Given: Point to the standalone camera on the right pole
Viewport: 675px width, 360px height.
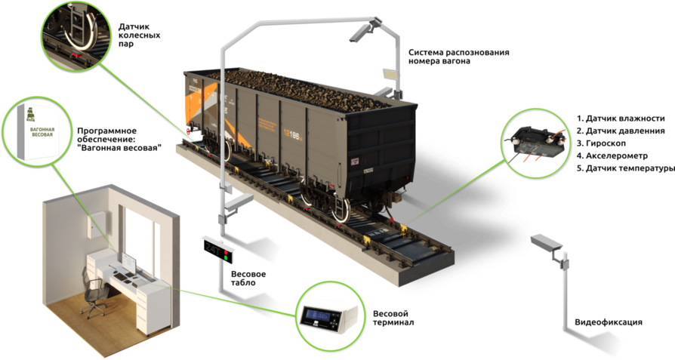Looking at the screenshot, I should (x=547, y=242).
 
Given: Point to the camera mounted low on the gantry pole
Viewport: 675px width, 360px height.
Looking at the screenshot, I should (x=239, y=202).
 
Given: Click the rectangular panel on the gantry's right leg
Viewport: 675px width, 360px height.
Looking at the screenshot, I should (x=390, y=74).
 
